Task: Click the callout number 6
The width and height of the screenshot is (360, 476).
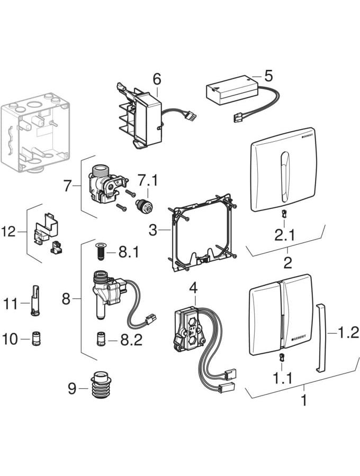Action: click(156, 79)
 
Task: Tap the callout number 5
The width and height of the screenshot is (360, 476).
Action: click(268, 76)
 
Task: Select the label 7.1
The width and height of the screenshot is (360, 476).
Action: click(148, 181)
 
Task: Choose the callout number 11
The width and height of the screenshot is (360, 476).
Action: click(11, 304)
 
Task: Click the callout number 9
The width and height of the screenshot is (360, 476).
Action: click(73, 389)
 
